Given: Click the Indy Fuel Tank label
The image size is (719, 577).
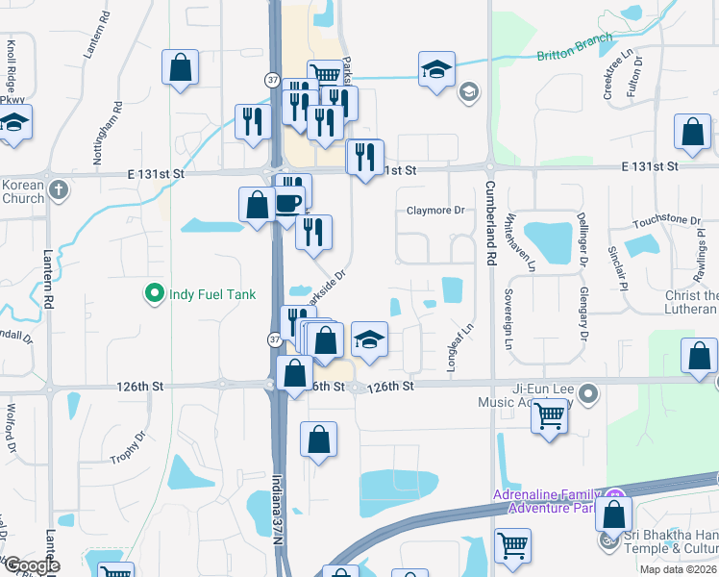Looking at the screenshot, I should (212, 294).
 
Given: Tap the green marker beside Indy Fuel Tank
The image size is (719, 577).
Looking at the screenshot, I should (153, 293).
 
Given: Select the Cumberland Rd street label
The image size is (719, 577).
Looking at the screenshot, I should (490, 222).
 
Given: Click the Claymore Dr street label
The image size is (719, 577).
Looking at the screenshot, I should (434, 210).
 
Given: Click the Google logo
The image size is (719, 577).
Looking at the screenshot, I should (31, 565).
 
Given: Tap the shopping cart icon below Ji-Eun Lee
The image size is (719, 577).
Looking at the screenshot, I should (549, 417).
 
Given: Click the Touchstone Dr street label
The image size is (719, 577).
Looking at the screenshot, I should (667, 220).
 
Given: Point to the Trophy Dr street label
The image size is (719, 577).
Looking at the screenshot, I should (128, 444).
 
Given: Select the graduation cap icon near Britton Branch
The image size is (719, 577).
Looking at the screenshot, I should (436, 69).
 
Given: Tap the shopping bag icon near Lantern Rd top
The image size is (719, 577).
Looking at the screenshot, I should (180, 69).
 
